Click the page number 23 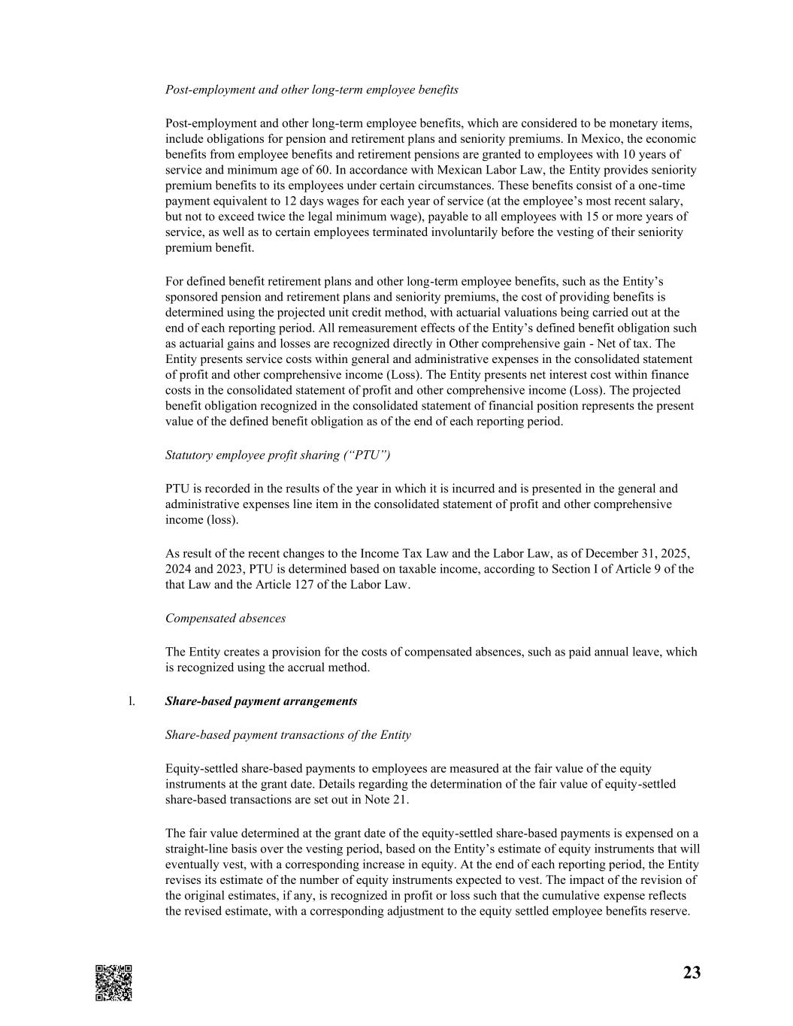click(x=692, y=973)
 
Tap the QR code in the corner click(x=114, y=982)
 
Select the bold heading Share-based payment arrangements click(x=261, y=701)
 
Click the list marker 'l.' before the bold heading click(x=132, y=701)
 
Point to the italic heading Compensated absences click(x=225, y=619)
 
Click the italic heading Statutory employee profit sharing click(x=277, y=455)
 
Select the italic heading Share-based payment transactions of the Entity click(x=288, y=735)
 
